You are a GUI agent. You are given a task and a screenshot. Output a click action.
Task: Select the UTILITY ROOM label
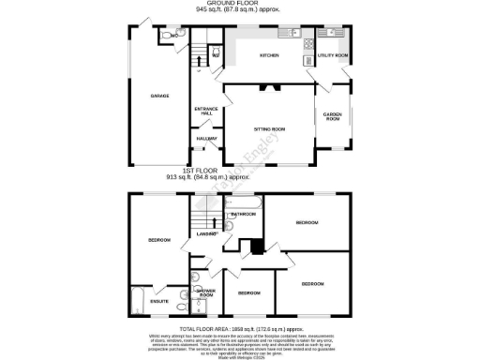333,56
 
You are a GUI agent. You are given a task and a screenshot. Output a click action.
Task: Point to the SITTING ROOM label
270,128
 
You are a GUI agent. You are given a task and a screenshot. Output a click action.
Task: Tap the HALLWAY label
206,139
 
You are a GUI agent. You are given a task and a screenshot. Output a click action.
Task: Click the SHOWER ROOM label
206,292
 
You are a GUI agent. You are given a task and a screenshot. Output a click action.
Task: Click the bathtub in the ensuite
137,302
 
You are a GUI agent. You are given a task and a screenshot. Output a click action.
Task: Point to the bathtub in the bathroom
246,202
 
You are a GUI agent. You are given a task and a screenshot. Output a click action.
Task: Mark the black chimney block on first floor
252,247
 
